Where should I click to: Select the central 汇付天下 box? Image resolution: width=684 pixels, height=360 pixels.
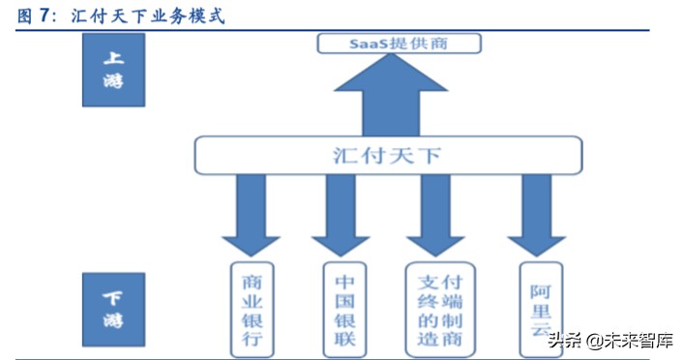(x=388, y=155)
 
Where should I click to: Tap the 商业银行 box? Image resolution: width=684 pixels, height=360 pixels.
(x=251, y=307)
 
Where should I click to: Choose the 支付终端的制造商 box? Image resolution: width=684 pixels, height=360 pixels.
(x=440, y=307)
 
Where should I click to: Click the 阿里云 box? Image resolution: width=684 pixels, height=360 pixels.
(x=540, y=301)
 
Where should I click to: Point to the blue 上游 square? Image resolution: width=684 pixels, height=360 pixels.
(x=113, y=71)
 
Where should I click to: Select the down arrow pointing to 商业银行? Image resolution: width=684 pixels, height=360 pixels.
(x=251, y=215)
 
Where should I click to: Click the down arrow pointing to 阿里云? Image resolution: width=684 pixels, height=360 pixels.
(x=536, y=215)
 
